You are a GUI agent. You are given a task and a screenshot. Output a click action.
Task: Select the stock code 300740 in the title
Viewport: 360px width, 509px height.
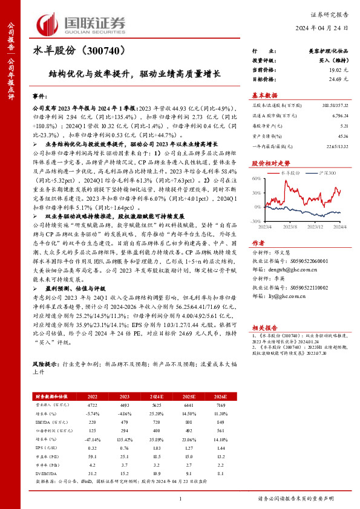106,53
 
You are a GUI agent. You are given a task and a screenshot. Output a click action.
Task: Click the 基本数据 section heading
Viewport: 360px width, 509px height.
264,95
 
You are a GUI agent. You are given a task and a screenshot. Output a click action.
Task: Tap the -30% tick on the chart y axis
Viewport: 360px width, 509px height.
256,222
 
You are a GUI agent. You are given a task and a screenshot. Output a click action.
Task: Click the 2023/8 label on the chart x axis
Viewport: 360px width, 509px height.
291,227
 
